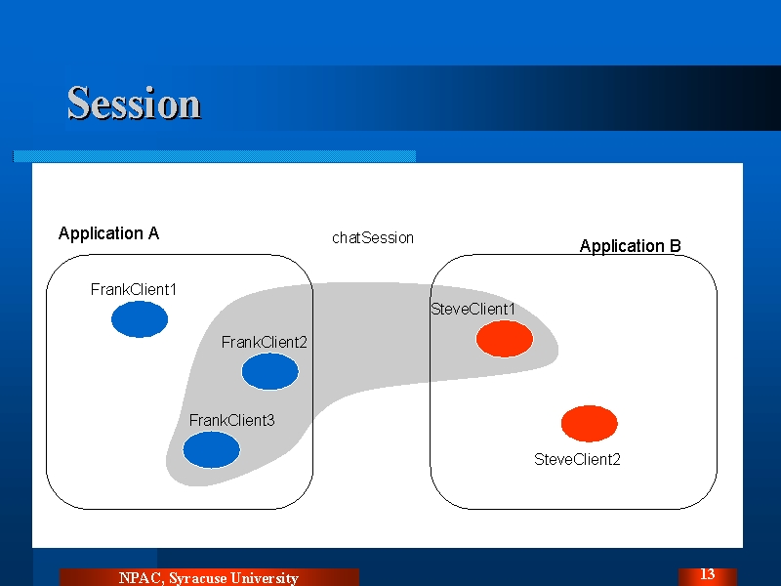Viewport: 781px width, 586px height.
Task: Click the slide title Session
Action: tap(134, 104)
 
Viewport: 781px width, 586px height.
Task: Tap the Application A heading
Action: tap(108, 233)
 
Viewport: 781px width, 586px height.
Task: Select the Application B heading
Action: tap(630, 246)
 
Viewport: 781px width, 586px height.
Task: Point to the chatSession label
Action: tap(373, 237)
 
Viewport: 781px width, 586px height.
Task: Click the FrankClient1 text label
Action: tap(134, 289)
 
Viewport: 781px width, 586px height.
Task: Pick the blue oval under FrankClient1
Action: tap(140, 319)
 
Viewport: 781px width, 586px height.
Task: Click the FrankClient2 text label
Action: tap(264, 343)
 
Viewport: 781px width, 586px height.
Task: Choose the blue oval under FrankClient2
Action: tap(270, 371)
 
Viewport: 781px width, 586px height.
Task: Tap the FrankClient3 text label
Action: tap(231, 421)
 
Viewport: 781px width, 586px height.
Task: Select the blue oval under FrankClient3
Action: tap(211, 449)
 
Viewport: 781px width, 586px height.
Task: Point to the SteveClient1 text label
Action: tap(473, 309)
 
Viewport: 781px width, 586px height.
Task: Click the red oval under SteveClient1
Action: tap(505, 339)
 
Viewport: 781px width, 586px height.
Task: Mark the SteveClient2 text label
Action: tap(577, 459)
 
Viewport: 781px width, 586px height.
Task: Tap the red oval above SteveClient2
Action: tap(590, 424)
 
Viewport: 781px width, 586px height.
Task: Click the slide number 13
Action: tap(707, 574)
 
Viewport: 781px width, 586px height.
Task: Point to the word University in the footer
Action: tap(265, 578)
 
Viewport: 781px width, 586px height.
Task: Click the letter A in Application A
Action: tap(153, 232)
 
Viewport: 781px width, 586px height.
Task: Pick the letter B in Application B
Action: tap(676, 246)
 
